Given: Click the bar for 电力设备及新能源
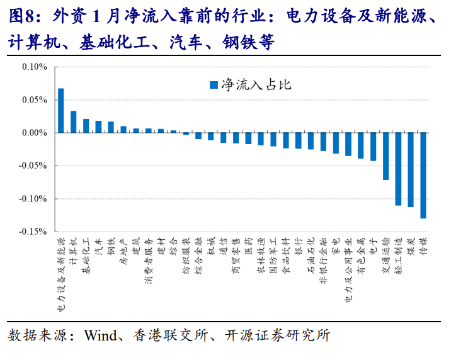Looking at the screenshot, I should [x=60, y=111].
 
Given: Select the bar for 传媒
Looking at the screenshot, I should [x=423, y=176].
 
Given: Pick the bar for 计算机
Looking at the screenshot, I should [x=73, y=122].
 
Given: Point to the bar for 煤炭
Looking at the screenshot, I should [x=411, y=170].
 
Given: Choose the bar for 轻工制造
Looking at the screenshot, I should [x=398, y=169].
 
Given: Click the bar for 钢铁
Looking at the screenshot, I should [x=111, y=127].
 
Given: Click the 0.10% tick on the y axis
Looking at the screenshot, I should [x=34, y=67].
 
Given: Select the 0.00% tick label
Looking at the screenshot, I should [x=34, y=133].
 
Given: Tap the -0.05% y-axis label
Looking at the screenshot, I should [x=33, y=166].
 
